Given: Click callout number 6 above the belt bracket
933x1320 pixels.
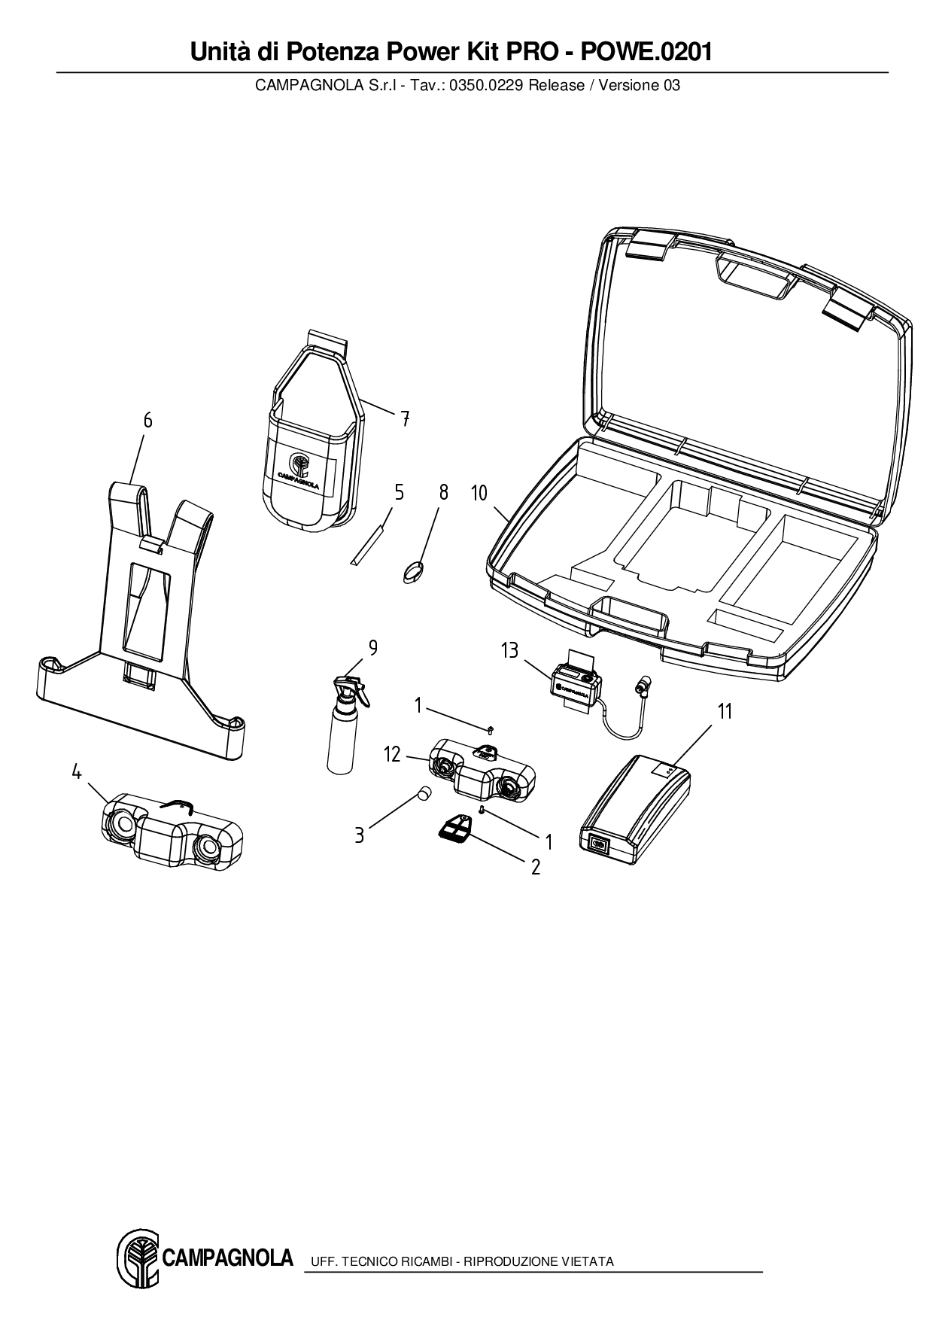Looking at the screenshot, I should pyautogui.click(x=147, y=420).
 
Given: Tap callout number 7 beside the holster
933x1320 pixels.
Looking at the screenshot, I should pyautogui.click(x=405, y=419).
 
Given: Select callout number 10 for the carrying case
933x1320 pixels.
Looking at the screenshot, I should pyautogui.click(x=479, y=493).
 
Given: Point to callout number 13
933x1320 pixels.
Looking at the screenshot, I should pyautogui.click(x=509, y=649).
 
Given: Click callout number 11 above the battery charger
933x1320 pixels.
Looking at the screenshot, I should pyautogui.click(x=725, y=711).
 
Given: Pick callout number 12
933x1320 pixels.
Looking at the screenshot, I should pyautogui.click(x=392, y=753).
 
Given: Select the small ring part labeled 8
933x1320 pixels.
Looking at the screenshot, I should pyautogui.click(x=412, y=571).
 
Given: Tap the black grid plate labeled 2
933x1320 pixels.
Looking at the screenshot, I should pyautogui.click(x=453, y=829).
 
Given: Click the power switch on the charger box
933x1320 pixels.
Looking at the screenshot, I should pyautogui.click(x=599, y=844).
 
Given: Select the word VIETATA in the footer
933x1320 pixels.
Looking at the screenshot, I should pyautogui.click(x=589, y=1261).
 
